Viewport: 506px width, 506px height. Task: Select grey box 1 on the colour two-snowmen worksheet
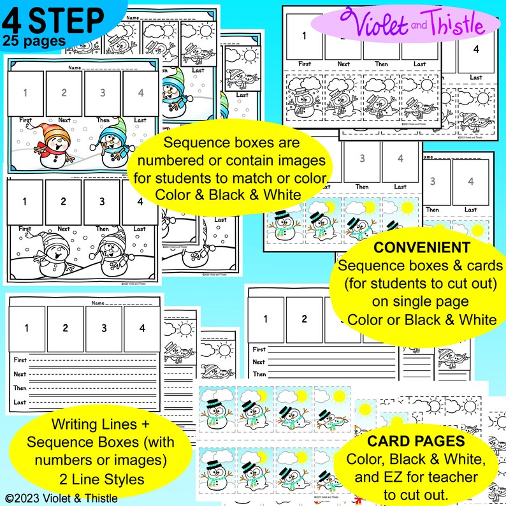25,93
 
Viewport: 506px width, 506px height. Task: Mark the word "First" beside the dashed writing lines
20,360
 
